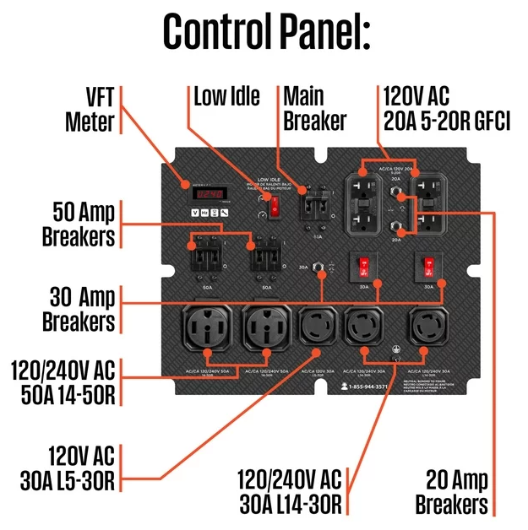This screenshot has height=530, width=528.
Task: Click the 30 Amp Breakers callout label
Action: [81, 308]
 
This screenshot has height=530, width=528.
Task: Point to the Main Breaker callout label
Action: [314, 108]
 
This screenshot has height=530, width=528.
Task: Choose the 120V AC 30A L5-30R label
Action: [68, 468]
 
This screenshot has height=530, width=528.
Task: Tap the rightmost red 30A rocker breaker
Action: [427, 267]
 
